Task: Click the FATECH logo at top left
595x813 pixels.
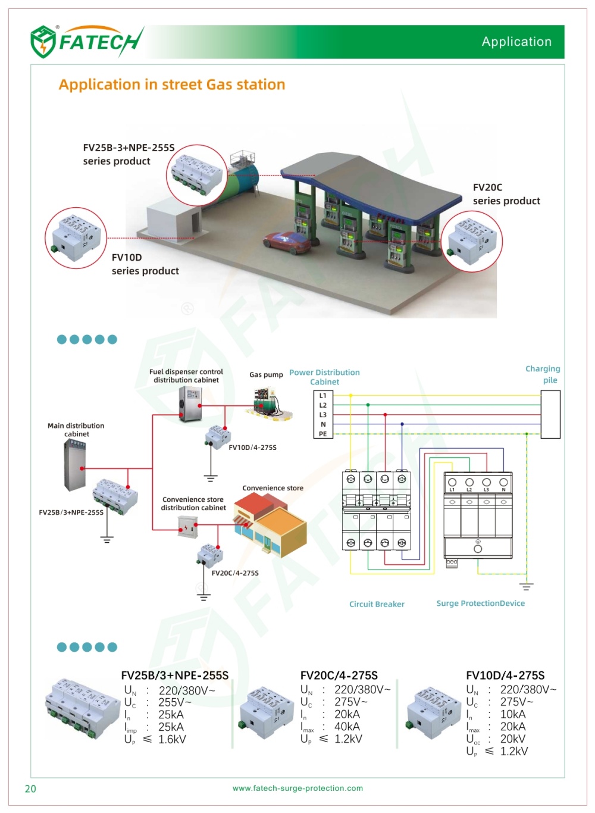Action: pyautogui.click(x=86, y=42)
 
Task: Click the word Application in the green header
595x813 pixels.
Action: pyautogui.click(x=516, y=42)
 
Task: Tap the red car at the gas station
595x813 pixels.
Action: pyautogui.click(x=287, y=242)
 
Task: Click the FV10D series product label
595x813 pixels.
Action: pyautogui.click(x=145, y=264)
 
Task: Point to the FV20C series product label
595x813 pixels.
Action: pyautogui.click(x=506, y=194)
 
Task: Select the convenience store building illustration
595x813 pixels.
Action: pyautogui.click(x=271, y=524)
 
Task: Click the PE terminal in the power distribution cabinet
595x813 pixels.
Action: pyautogui.click(x=323, y=434)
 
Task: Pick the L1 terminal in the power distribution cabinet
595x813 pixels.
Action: pyautogui.click(x=323, y=396)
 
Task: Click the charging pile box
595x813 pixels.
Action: pyautogui.click(x=550, y=414)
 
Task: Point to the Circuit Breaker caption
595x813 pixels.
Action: pyautogui.click(x=377, y=604)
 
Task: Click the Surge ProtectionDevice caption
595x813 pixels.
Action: pyautogui.click(x=480, y=604)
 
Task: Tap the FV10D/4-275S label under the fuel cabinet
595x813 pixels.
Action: pyautogui.click(x=252, y=448)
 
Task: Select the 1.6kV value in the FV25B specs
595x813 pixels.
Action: pyautogui.click(x=172, y=739)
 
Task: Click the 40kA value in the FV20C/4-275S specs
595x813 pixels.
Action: pyautogui.click(x=347, y=727)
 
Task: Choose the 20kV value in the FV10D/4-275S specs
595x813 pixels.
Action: pyautogui.click(x=512, y=739)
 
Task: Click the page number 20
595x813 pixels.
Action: pyautogui.click(x=30, y=789)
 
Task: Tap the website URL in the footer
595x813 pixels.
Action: pyautogui.click(x=297, y=788)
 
